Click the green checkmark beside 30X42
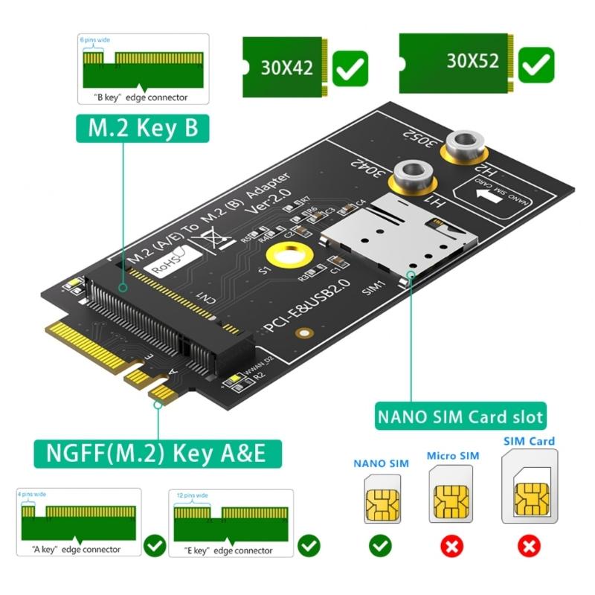(350, 68)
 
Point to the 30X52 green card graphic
(456, 61)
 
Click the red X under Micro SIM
(451, 547)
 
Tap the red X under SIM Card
(529, 547)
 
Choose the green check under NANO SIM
(380, 547)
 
